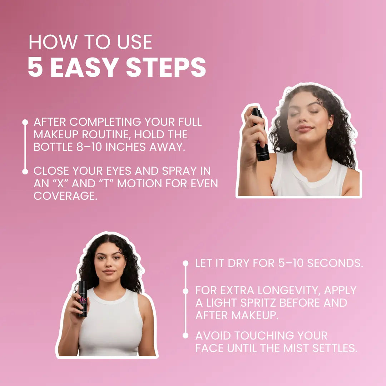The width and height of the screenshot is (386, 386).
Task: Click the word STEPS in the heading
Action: pyautogui.click(x=166, y=67)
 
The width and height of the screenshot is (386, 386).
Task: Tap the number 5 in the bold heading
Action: pyautogui.click(x=35, y=67)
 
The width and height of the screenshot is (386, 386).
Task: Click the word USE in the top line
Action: pyautogui.click(x=134, y=42)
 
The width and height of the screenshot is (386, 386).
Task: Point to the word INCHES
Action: pyautogui.click(x=126, y=147)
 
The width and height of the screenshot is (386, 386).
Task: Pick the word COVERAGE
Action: pyautogui.click(x=65, y=196)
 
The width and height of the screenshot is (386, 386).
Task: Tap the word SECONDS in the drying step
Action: pyautogui.click(x=335, y=263)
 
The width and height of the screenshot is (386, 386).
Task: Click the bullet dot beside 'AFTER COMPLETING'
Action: pyautogui.click(x=25, y=122)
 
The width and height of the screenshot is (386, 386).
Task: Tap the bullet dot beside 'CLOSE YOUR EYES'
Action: pyautogui.click(x=25, y=172)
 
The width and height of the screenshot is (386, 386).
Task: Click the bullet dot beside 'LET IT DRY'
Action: pyautogui.click(x=185, y=263)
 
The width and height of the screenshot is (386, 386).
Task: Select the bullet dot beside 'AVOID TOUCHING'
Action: pyautogui.click(x=185, y=335)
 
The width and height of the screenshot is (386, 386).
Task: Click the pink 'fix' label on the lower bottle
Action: pyautogui.click(x=83, y=300)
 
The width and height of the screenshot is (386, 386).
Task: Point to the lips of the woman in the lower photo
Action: pyautogui.click(x=109, y=272)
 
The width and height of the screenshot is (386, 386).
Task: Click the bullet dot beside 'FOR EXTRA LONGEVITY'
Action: pyautogui.click(x=185, y=291)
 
